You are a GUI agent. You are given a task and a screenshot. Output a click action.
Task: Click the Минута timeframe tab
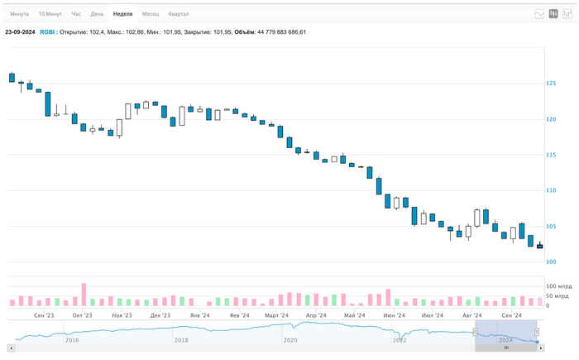point(19,14)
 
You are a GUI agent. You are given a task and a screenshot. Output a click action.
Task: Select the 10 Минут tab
point(50,14)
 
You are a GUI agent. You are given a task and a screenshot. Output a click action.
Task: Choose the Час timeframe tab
point(76,14)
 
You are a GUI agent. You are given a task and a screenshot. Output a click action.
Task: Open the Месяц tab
point(151,14)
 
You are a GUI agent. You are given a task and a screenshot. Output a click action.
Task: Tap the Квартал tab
point(179,14)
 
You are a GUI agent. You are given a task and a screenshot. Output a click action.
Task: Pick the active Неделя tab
point(123,14)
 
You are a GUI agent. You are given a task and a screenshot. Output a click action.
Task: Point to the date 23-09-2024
point(20,31)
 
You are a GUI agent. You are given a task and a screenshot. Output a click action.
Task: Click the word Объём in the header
point(244,31)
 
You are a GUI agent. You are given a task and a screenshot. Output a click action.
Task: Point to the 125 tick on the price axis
point(551,84)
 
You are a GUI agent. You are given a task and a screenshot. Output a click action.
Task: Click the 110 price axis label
point(551,190)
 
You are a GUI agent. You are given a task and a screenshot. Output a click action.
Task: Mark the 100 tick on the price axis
point(551,262)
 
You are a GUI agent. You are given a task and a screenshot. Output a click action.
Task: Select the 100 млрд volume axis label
point(558,286)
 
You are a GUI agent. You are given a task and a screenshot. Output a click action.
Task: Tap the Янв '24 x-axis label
point(199,315)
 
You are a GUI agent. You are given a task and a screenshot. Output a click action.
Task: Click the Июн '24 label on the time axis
point(394,315)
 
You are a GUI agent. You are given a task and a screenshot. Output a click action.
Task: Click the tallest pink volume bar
point(84,295)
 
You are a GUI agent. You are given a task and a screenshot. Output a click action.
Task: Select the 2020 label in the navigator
point(289,339)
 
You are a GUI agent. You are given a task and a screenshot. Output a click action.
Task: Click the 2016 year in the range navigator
point(72,339)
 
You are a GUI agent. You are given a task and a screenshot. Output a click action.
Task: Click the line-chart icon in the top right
point(540,13)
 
